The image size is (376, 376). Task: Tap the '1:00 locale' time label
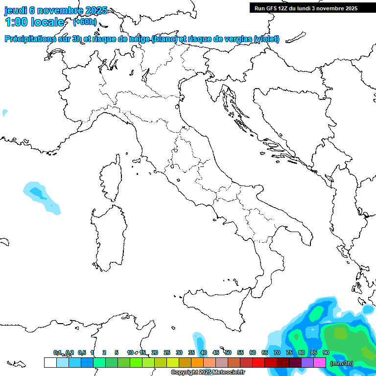(x=35, y=22)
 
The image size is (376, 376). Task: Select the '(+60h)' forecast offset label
(x=85, y=22)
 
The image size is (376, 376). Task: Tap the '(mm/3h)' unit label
(x=342, y=363)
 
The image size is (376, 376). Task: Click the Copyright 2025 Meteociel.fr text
(x=208, y=373)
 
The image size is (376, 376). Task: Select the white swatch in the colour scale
(x=50, y=362)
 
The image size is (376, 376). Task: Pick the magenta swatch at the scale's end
(x=320, y=362)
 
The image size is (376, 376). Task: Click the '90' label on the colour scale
(x=326, y=352)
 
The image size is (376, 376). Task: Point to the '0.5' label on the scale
(x=82, y=352)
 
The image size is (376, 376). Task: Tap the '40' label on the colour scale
(x=203, y=352)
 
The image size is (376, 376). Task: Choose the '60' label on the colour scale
(x=253, y=352)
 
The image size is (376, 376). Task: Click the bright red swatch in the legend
(x=258, y=362)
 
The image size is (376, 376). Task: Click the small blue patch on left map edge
(x=4, y=113)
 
